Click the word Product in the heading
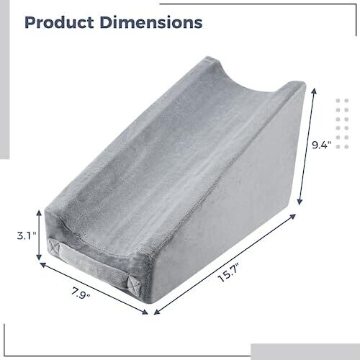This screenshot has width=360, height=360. pyautogui.click(x=59, y=23)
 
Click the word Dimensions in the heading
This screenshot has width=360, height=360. pyautogui.click(x=151, y=23)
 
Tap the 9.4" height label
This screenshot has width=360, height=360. pyautogui.click(x=321, y=145)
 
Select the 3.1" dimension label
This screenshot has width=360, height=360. pyautogui.click(x=27, y=236)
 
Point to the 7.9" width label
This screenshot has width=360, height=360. pyautogui.click(x=81, y=294)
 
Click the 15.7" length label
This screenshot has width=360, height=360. pyautogui.click(x=229, y=273)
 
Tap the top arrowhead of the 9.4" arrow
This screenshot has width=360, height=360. pyautogui.click(x=314, y=91)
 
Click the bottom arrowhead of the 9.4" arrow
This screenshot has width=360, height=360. pyautogui.click(x=300, y=202)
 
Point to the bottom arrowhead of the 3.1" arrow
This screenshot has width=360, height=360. pyautogui.click(x=39, y=257)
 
